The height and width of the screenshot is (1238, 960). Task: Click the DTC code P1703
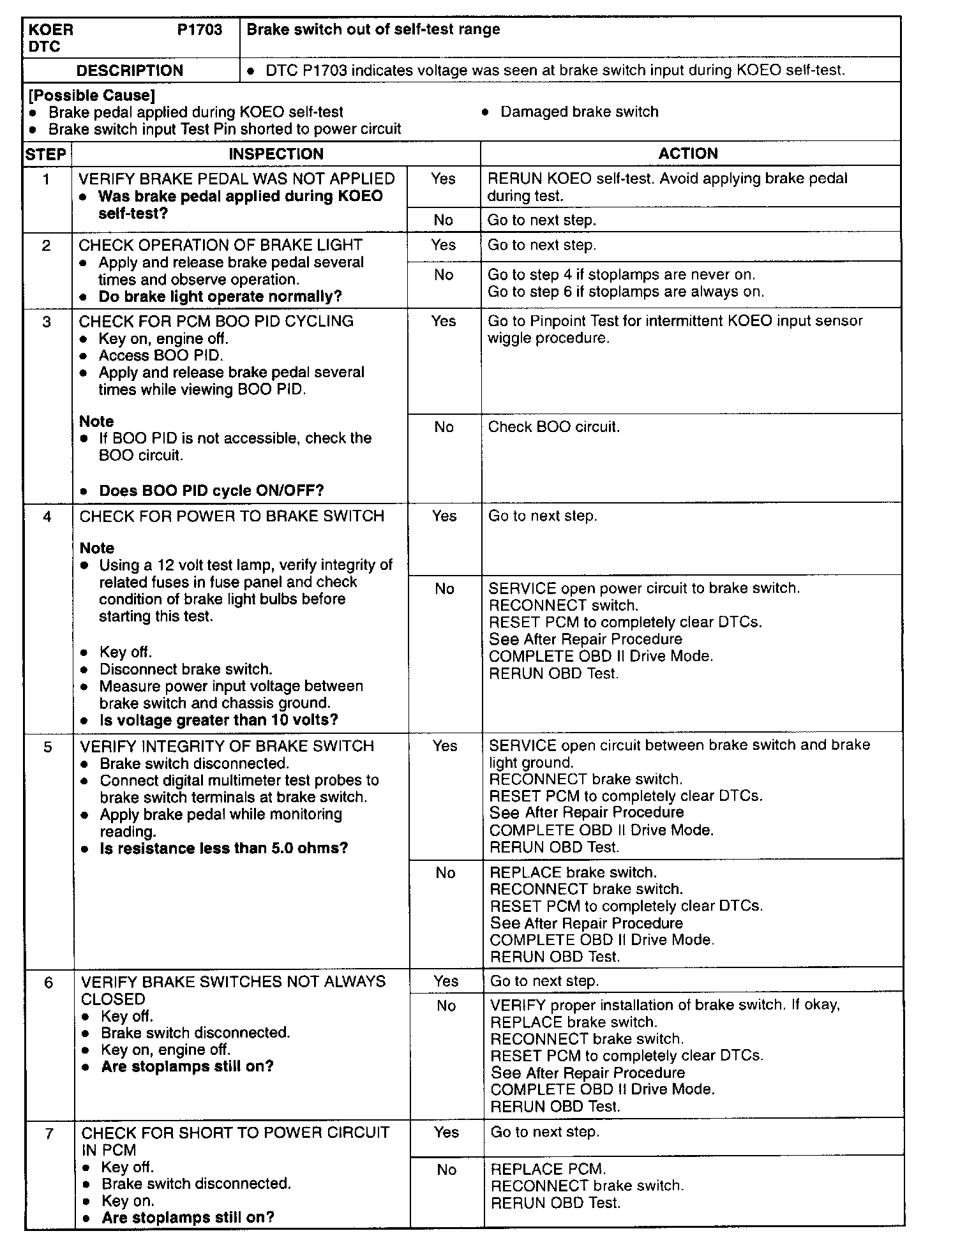tap(199, 30)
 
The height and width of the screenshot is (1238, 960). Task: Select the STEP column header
tap(46, 154)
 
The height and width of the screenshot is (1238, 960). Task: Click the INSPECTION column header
tap(276, 154)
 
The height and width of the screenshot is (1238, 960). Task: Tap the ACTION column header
tap(688, 153)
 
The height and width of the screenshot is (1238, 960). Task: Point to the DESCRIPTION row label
tap(130, 70)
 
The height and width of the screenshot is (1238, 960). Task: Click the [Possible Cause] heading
tap(92, 96)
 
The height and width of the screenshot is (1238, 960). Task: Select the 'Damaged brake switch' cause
tap(579, 112)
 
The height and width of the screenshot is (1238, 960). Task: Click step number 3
tap(47, 322)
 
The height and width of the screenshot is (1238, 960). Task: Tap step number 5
tap(48, 747)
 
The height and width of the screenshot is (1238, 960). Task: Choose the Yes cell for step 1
tap(443, 179)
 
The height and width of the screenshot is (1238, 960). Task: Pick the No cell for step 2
tap(443, 275)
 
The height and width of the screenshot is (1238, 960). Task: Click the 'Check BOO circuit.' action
tap(553, 427)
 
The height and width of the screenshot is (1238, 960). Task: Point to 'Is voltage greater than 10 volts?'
tap(219, 720)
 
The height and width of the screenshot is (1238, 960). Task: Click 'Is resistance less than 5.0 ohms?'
tap(224, 849)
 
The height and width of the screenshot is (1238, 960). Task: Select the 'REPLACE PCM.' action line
tap(548, 1169)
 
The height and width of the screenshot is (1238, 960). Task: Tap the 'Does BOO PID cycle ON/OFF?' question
tap(211, 491)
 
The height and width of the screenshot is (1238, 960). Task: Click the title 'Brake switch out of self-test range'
tap(373, 29)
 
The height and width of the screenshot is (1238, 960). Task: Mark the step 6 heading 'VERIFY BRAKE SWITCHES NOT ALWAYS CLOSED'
tap(233, 990)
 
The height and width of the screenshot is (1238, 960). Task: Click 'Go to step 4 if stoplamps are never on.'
tap(621, 275)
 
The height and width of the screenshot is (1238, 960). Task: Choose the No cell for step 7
tap(446, 1170)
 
